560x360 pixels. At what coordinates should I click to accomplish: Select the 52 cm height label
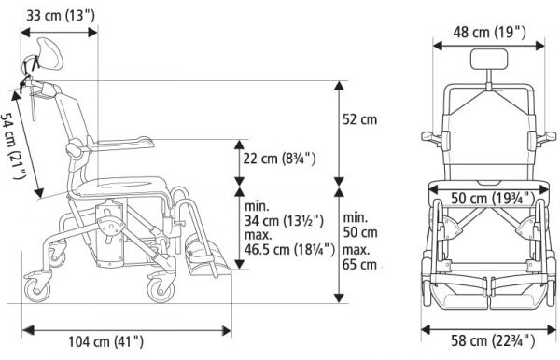[x=360, y=119]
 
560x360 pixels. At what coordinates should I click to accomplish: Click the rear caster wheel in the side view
[x=37, y=284]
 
